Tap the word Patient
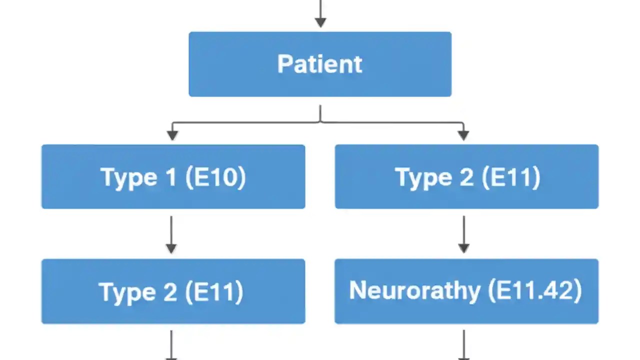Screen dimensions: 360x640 [x=320, y=64]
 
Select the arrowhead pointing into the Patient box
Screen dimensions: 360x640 [x=320, y=21]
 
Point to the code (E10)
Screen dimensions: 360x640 [x=215, y=177]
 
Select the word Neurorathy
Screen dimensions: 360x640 [x=414, y=290]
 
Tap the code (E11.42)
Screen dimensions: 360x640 [x=535, y=290]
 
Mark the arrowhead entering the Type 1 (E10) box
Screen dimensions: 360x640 [x=172, y=134]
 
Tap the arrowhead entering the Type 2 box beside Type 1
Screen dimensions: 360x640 [x=463, y=134]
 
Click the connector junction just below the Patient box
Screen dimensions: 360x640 [x=320, y=121]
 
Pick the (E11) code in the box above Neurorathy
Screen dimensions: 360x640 [x=511, y=177]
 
